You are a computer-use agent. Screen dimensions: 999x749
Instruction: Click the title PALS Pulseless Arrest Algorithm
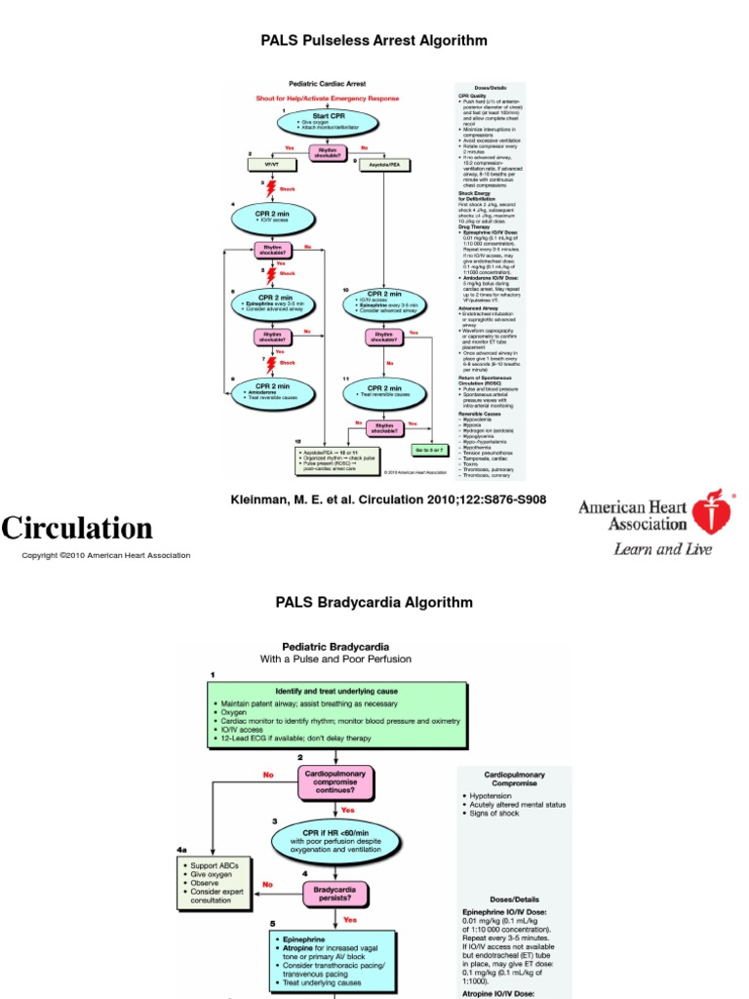click(374, 41)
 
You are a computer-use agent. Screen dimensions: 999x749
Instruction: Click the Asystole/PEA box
click(384, 165)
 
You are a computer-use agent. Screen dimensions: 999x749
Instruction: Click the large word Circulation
click(77, 528)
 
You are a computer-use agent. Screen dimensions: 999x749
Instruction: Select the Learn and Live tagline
click(662, 548)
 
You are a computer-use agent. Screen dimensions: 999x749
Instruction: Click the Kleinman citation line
click(387, 499)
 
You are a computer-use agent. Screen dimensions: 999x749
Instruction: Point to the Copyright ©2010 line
click(106, 555)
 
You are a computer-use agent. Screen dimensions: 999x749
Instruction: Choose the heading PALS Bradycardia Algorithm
click(374, 603)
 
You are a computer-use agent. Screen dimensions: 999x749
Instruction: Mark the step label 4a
click(183, 850)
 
